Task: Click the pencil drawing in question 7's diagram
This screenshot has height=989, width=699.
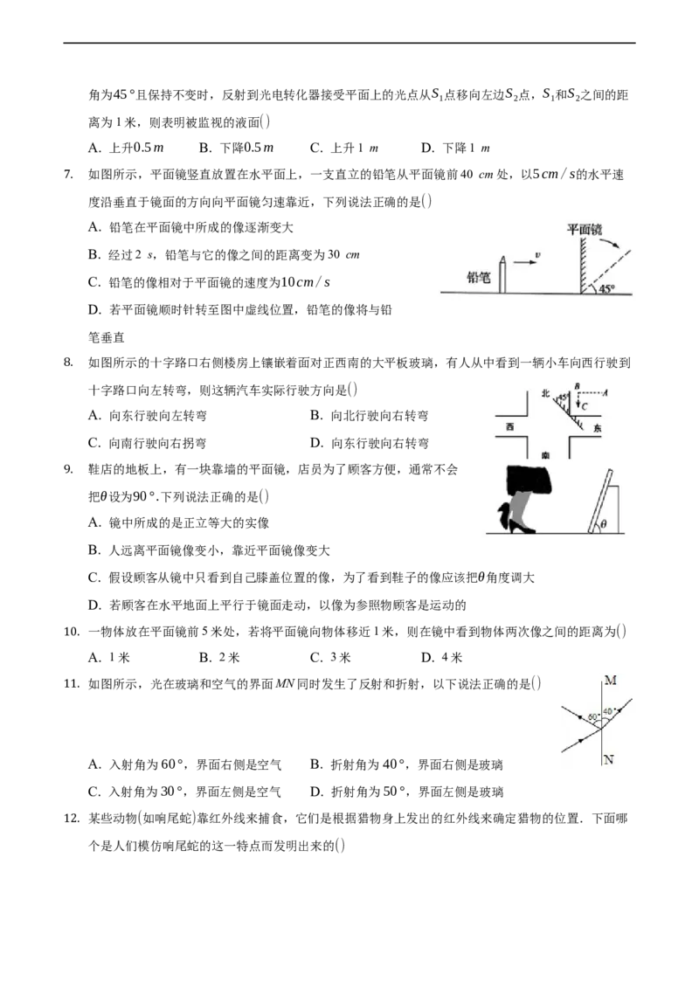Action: point(502,274)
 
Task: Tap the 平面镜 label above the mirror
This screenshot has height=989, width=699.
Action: point(585,229)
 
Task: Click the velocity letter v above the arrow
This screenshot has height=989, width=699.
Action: point(536,255)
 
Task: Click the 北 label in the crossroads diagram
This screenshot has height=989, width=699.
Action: point(545,393)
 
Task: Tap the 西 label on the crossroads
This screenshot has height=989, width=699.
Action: point(509,427)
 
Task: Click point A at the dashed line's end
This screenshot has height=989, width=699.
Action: point(605,392)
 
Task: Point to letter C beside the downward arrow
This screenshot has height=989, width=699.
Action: point(585,406)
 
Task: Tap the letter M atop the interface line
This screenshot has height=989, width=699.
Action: point(610,680)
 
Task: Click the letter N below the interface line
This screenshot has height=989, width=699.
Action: point(608,758)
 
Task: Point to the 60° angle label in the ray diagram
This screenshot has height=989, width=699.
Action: point(592,717)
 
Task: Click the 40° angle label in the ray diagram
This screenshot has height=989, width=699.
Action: point(607,711)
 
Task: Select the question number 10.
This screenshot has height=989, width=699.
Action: point(72,632)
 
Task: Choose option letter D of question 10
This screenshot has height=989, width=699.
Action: point(427,658)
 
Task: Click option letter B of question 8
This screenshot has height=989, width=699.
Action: point(316,415)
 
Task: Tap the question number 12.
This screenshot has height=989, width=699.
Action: point(72,819)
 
